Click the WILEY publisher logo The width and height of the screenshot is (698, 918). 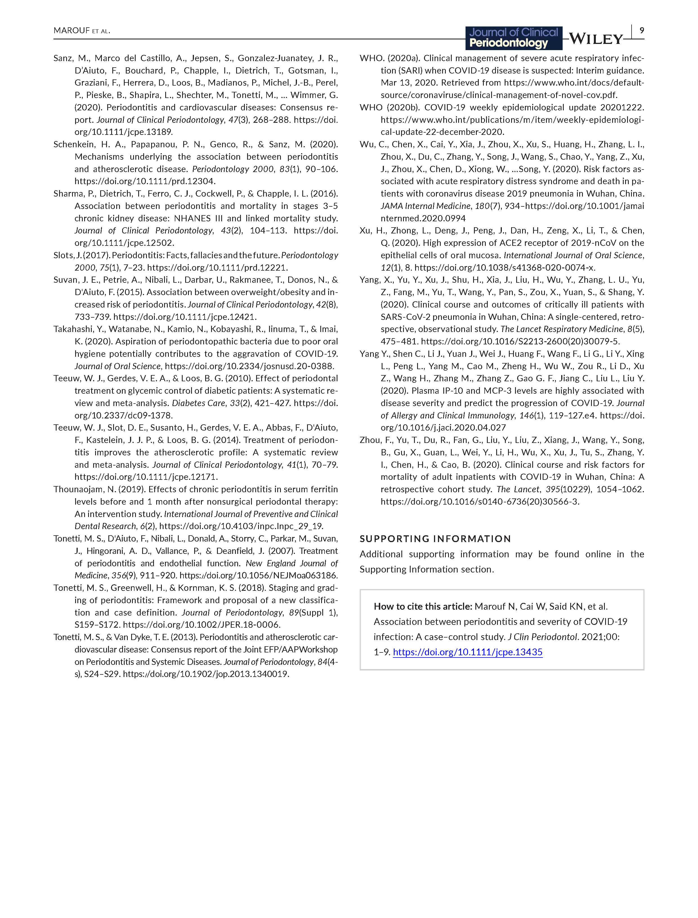coord(596,39)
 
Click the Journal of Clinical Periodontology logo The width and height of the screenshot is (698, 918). coord(514,38)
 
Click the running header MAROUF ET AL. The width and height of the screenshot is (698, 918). coord(82,31)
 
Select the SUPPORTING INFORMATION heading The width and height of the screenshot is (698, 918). coord(435,539)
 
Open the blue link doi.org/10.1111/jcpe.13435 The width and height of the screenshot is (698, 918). coord(467,652)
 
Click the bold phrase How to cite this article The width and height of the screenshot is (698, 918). coord(423,606)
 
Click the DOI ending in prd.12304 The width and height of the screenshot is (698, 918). coord(145,181)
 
